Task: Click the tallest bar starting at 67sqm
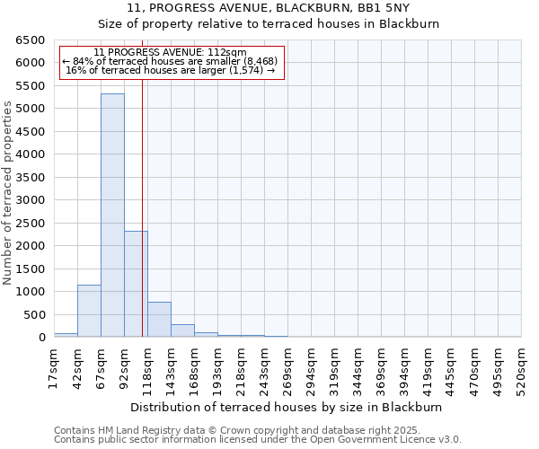point(112,216)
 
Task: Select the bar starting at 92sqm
point(136,284)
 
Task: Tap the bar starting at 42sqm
point(89,311)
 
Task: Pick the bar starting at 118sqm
point(159,320)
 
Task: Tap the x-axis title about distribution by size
point(292,407)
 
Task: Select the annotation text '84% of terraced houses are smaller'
point(171,61)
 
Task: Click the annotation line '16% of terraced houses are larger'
point(171,70)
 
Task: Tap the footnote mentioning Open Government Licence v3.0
point(258,440)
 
